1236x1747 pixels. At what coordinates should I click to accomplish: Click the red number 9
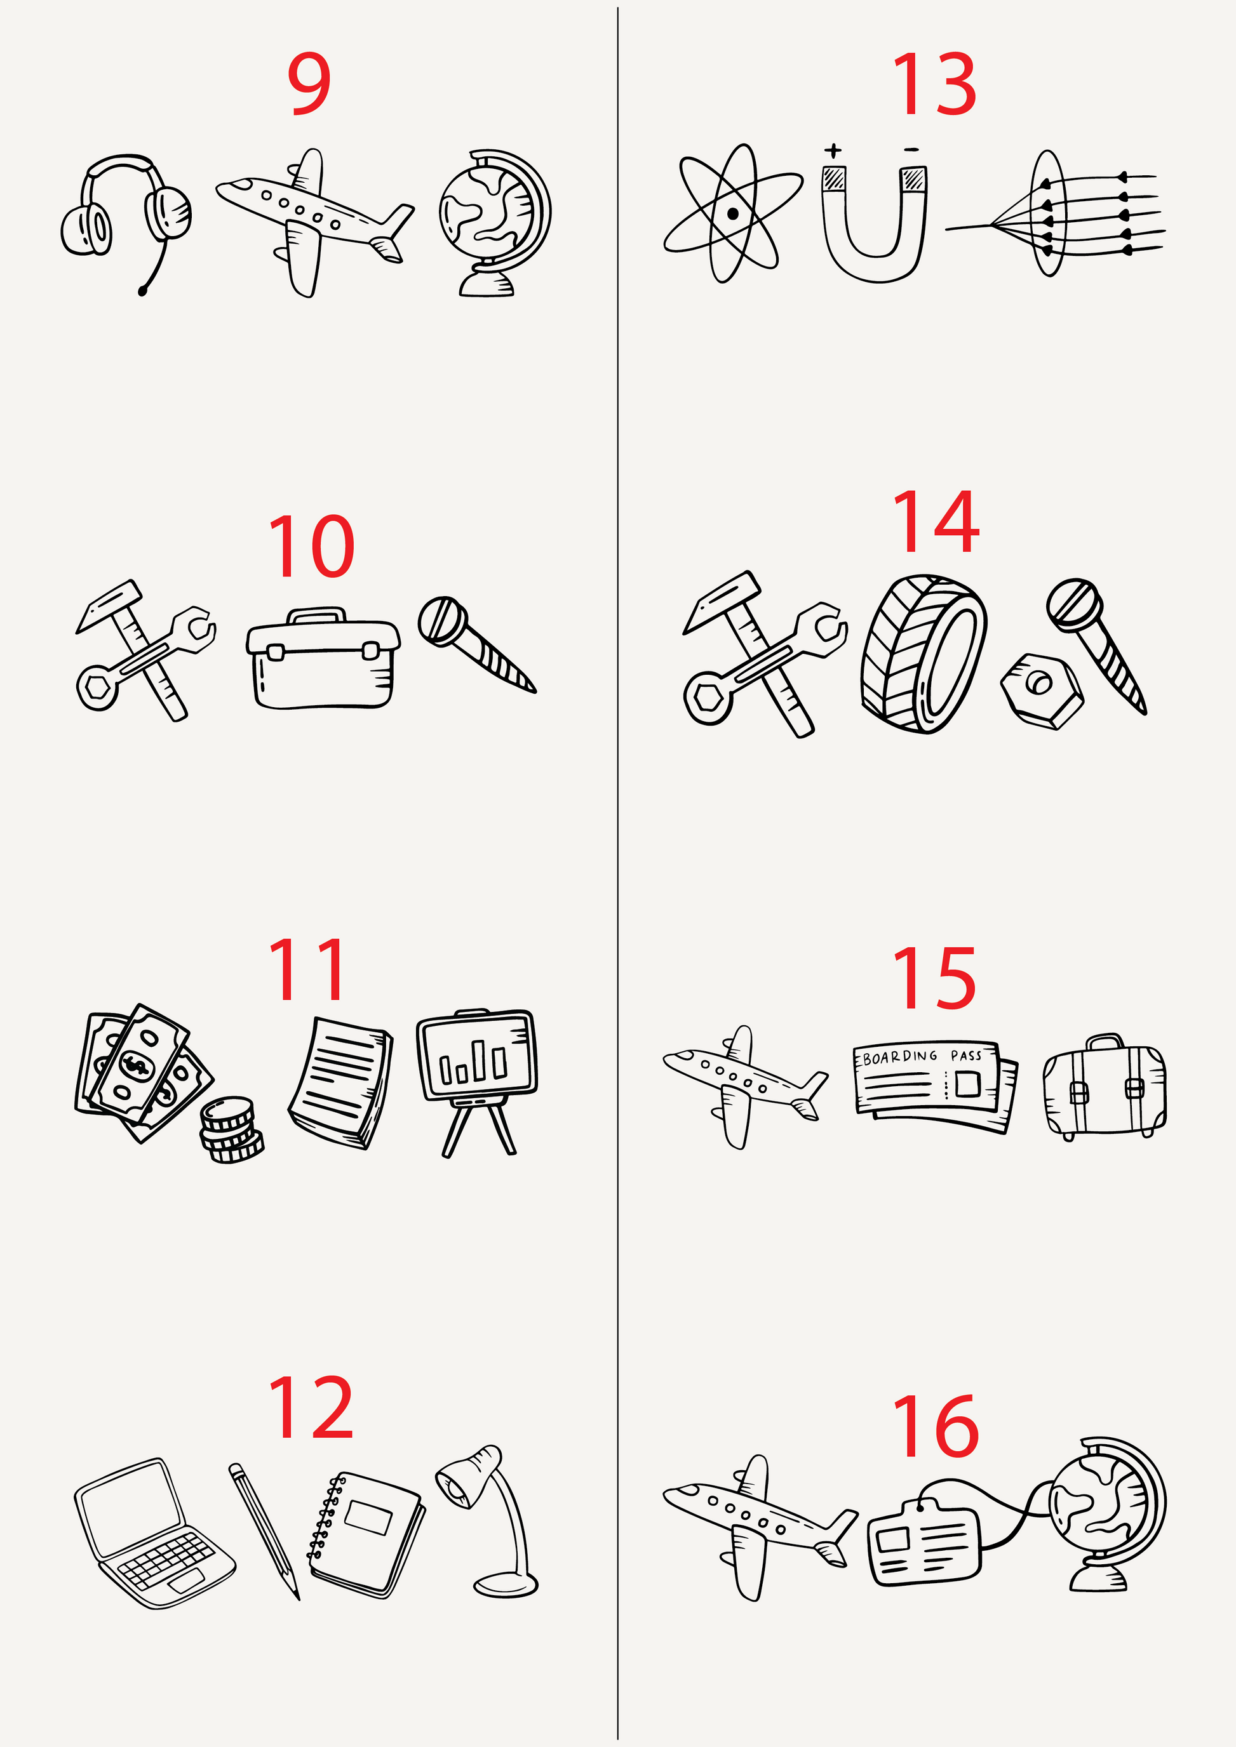(309, 84)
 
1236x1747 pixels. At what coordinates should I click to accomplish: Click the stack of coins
(231, 1129)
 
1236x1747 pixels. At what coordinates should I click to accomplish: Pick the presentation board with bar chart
(477, 1080)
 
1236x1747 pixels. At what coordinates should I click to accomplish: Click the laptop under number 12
(154, 1533)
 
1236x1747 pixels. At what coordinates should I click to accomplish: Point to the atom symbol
(732, 214)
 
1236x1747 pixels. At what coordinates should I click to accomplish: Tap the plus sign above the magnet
(833, 150)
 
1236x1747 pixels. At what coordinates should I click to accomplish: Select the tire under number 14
(924, 654)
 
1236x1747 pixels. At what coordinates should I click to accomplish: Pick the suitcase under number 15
(1105, 1088)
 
